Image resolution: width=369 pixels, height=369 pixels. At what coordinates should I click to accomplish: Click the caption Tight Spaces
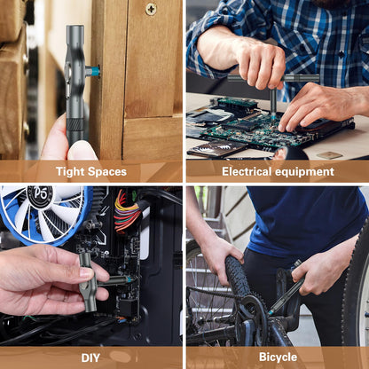[90, 171]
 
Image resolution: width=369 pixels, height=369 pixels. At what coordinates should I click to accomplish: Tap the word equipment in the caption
[305, 172]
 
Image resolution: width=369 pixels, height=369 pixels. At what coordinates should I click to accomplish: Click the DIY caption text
[90, 357]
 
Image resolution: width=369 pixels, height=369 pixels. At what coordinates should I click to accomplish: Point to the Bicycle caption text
[277, 357]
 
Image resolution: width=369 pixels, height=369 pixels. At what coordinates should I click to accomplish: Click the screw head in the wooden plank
[151, 9]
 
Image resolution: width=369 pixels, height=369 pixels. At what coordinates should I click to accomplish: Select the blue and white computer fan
[40, 213]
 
